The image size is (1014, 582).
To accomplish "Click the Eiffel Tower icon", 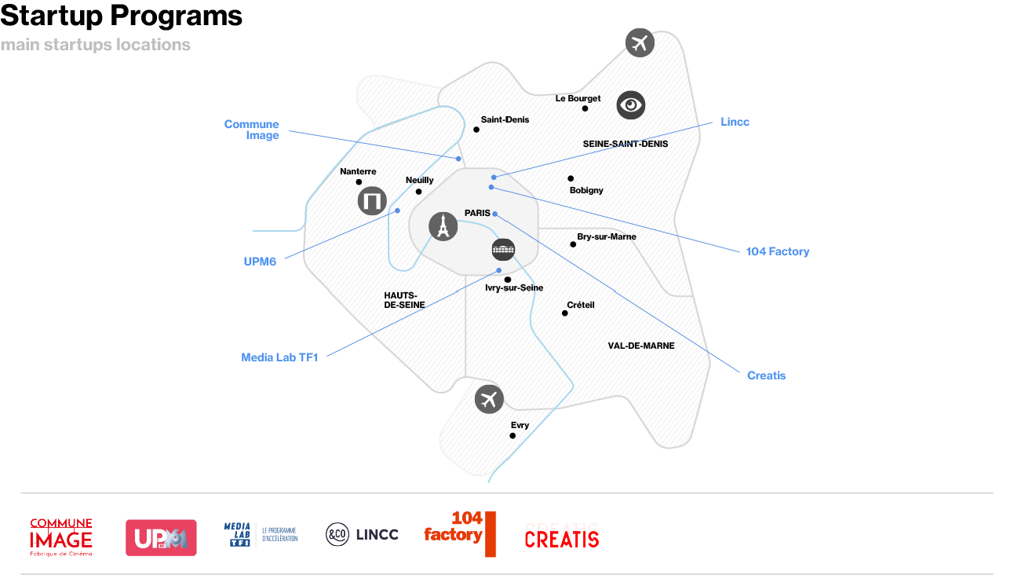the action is click(x=443, y=226).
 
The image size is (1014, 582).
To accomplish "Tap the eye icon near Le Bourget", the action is click(x=630, y=105).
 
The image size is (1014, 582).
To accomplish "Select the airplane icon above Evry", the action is click(x=489, y=400).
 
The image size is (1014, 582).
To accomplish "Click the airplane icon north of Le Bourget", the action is click(x=640, y=43).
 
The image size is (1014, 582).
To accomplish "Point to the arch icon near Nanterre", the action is click(x=372, y=200).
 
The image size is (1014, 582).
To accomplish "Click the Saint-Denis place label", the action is click(x=505, y=119).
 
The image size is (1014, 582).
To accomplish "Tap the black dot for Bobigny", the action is click(x=571, y=178).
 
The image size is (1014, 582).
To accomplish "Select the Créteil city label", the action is click(x=580, y=305).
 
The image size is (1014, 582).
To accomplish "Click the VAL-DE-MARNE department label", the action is click(x=641, y=346).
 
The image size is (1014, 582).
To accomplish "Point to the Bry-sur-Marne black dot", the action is click(x=573, y=244).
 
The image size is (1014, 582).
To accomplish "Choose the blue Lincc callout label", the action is click(x=735, y=122).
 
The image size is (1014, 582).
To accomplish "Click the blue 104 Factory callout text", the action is click(x=777, y=251).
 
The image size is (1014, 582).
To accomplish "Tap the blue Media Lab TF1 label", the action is click(x=279, y=357).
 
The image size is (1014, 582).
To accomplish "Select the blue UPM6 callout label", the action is click(x=260, y=262).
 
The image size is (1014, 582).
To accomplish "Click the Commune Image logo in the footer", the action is click(x=61, y=537).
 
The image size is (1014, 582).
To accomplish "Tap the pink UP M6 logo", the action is click(x=161, y=537).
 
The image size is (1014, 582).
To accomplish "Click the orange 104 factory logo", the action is click(x=460, y=534).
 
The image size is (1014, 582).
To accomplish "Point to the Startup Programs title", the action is click(x=122, y=16).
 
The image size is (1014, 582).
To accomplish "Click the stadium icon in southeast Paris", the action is click(x=503, y=250).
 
